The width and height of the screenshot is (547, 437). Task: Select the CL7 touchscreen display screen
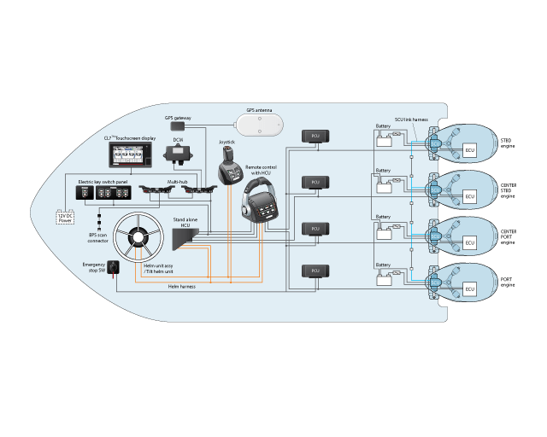132,156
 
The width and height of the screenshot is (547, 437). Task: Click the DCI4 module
179,154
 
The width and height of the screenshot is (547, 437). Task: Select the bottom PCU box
315,271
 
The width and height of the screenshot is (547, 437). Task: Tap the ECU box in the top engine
468,151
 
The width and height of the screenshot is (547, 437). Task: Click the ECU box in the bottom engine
468,290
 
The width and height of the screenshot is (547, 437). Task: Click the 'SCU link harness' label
411,119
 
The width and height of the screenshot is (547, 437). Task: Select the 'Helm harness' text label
181,287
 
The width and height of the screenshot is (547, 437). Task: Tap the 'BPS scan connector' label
98,238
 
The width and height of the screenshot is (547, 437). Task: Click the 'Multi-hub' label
178,182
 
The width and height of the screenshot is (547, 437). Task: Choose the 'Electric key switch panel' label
103,182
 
